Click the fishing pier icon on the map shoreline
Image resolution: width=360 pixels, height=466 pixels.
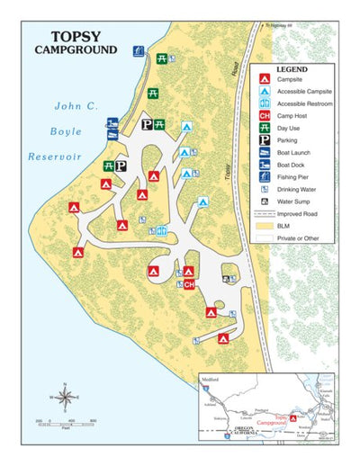pos(138,51)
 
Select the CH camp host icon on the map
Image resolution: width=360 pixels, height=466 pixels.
pos(189,284)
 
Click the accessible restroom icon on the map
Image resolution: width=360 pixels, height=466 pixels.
pos(161,231)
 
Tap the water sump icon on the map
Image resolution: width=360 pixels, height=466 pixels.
pos(225,279)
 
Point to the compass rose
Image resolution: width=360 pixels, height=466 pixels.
pos(65,396)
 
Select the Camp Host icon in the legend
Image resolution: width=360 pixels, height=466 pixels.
pos(265,115)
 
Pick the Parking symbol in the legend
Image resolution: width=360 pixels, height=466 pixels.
pos(265,140)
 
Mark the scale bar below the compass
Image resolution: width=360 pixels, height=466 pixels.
pos(66,419)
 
